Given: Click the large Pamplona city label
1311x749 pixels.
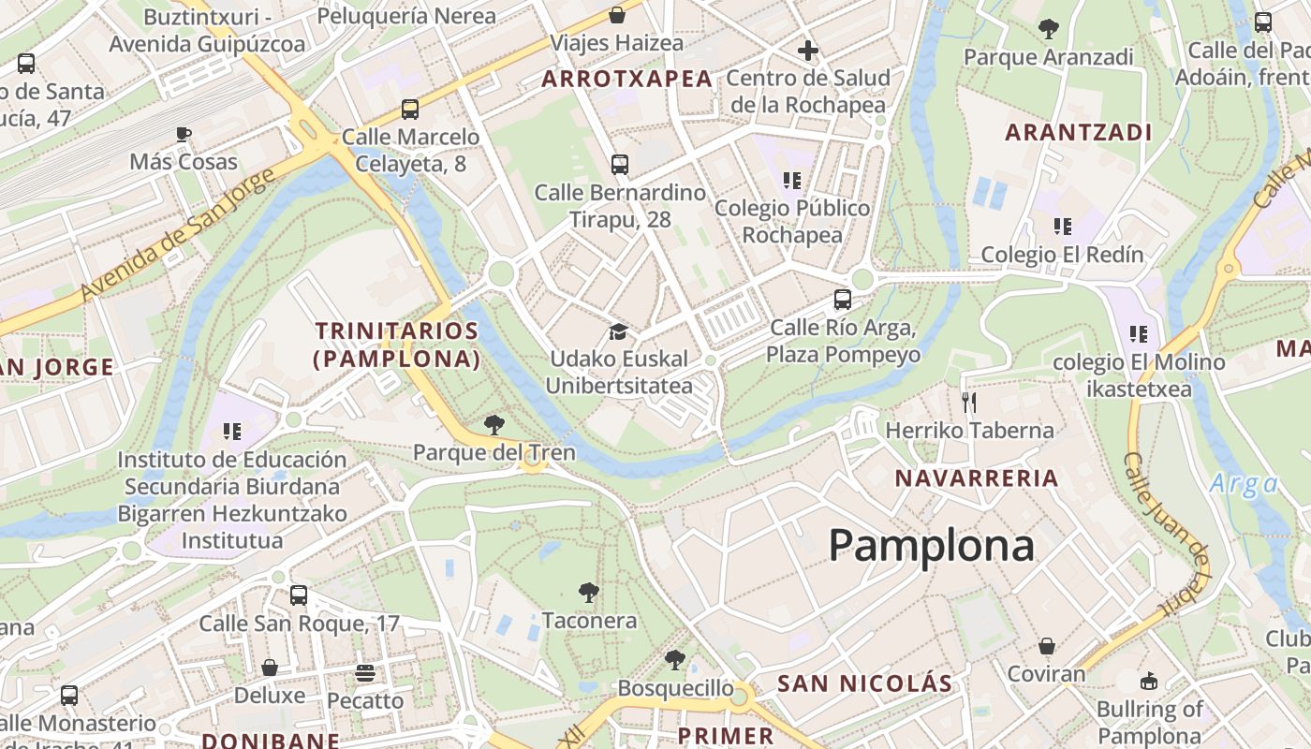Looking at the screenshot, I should [x=931, y=546].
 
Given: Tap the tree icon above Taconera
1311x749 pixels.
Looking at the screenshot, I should [x=589, y=592].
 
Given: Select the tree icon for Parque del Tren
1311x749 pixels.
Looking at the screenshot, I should [x=493, y=425].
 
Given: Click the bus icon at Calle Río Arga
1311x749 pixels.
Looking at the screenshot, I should [x=843, y=300].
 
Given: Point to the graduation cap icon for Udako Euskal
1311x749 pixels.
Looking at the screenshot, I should [x=618, y=331].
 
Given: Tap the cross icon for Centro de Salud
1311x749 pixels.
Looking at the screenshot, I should [x=808, y=51].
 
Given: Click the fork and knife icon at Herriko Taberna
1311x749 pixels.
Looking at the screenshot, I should [x=969, y=403].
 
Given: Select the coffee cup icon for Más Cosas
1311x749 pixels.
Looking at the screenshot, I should [x=184, y=134].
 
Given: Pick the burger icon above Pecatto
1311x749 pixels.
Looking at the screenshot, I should [x=365, y=672].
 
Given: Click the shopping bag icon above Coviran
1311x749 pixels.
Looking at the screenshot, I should [x=1047, y=646].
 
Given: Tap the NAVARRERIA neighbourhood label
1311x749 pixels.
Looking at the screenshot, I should [x=977, y=478].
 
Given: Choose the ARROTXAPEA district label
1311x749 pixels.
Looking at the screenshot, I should [x=627, y=80].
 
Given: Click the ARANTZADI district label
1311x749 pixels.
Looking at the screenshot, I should [x=1079, y=132].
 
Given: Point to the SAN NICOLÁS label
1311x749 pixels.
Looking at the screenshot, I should [x=864, y=683].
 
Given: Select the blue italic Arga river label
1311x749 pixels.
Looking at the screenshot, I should [x=1244, y=484].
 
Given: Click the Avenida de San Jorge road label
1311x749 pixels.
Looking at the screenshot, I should [x=178, y=234].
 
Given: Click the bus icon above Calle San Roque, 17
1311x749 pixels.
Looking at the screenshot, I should [x=299, y=595].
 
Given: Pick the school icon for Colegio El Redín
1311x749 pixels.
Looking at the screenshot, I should [x=1062, y=226].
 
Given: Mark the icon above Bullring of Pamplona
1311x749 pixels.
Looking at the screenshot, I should [x=1149, y=681].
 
